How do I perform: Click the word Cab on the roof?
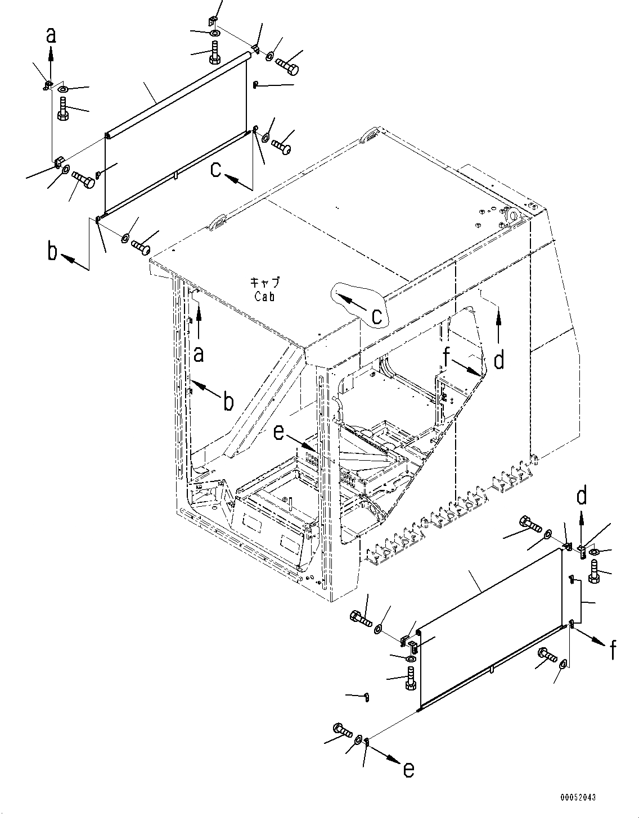(264, 297)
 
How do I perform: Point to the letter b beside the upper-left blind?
(53, 252)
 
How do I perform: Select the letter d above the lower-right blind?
(582, 497)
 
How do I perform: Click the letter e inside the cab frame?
(278, 432)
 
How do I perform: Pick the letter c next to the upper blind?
(215, 170)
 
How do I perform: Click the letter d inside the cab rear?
(498, 360)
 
